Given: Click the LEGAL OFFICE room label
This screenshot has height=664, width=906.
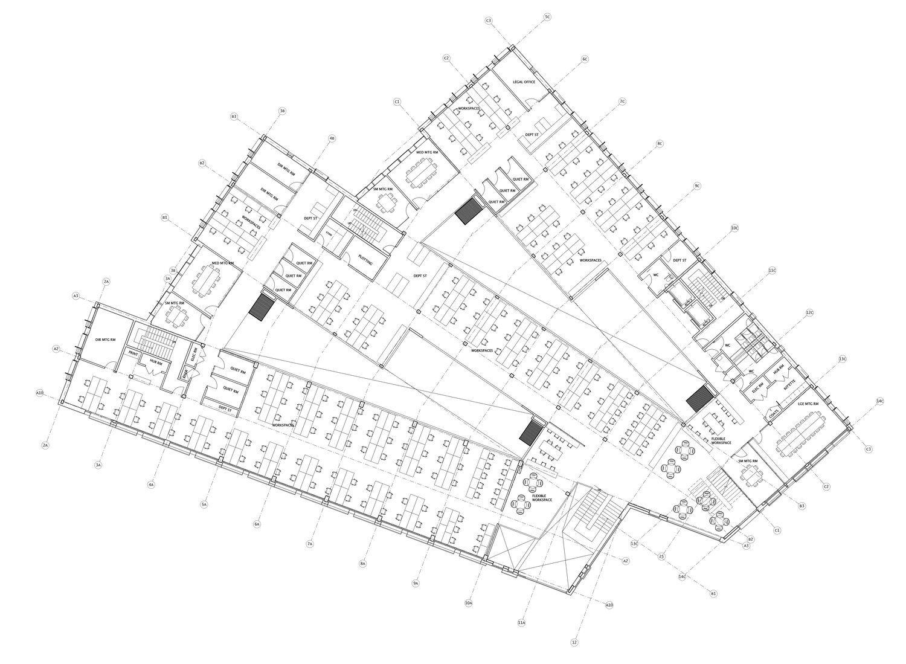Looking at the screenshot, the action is pos(524,82).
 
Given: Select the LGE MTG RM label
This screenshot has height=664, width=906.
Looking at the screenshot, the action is pos(808,404).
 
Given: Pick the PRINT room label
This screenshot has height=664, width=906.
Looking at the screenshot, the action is pos(133,352).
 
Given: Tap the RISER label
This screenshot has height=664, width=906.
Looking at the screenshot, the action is pos(185,373).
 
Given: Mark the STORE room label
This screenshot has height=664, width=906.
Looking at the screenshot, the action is pos(330,233).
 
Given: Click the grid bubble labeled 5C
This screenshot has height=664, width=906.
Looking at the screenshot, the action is pos(547,17).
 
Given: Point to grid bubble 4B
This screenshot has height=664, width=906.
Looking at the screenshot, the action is pos(332,138).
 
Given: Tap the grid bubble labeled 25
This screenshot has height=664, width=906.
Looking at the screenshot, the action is pos(661,556).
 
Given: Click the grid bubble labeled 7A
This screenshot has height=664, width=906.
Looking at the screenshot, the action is pos(310,544).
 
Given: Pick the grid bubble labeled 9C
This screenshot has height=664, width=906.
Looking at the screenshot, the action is pos(697,185).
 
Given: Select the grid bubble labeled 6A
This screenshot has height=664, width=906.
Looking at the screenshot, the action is pos(257,524).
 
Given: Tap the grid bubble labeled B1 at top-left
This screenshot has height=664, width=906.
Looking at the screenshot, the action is pos(164,217).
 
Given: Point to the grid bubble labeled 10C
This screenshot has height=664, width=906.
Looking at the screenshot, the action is pos(734,228).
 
